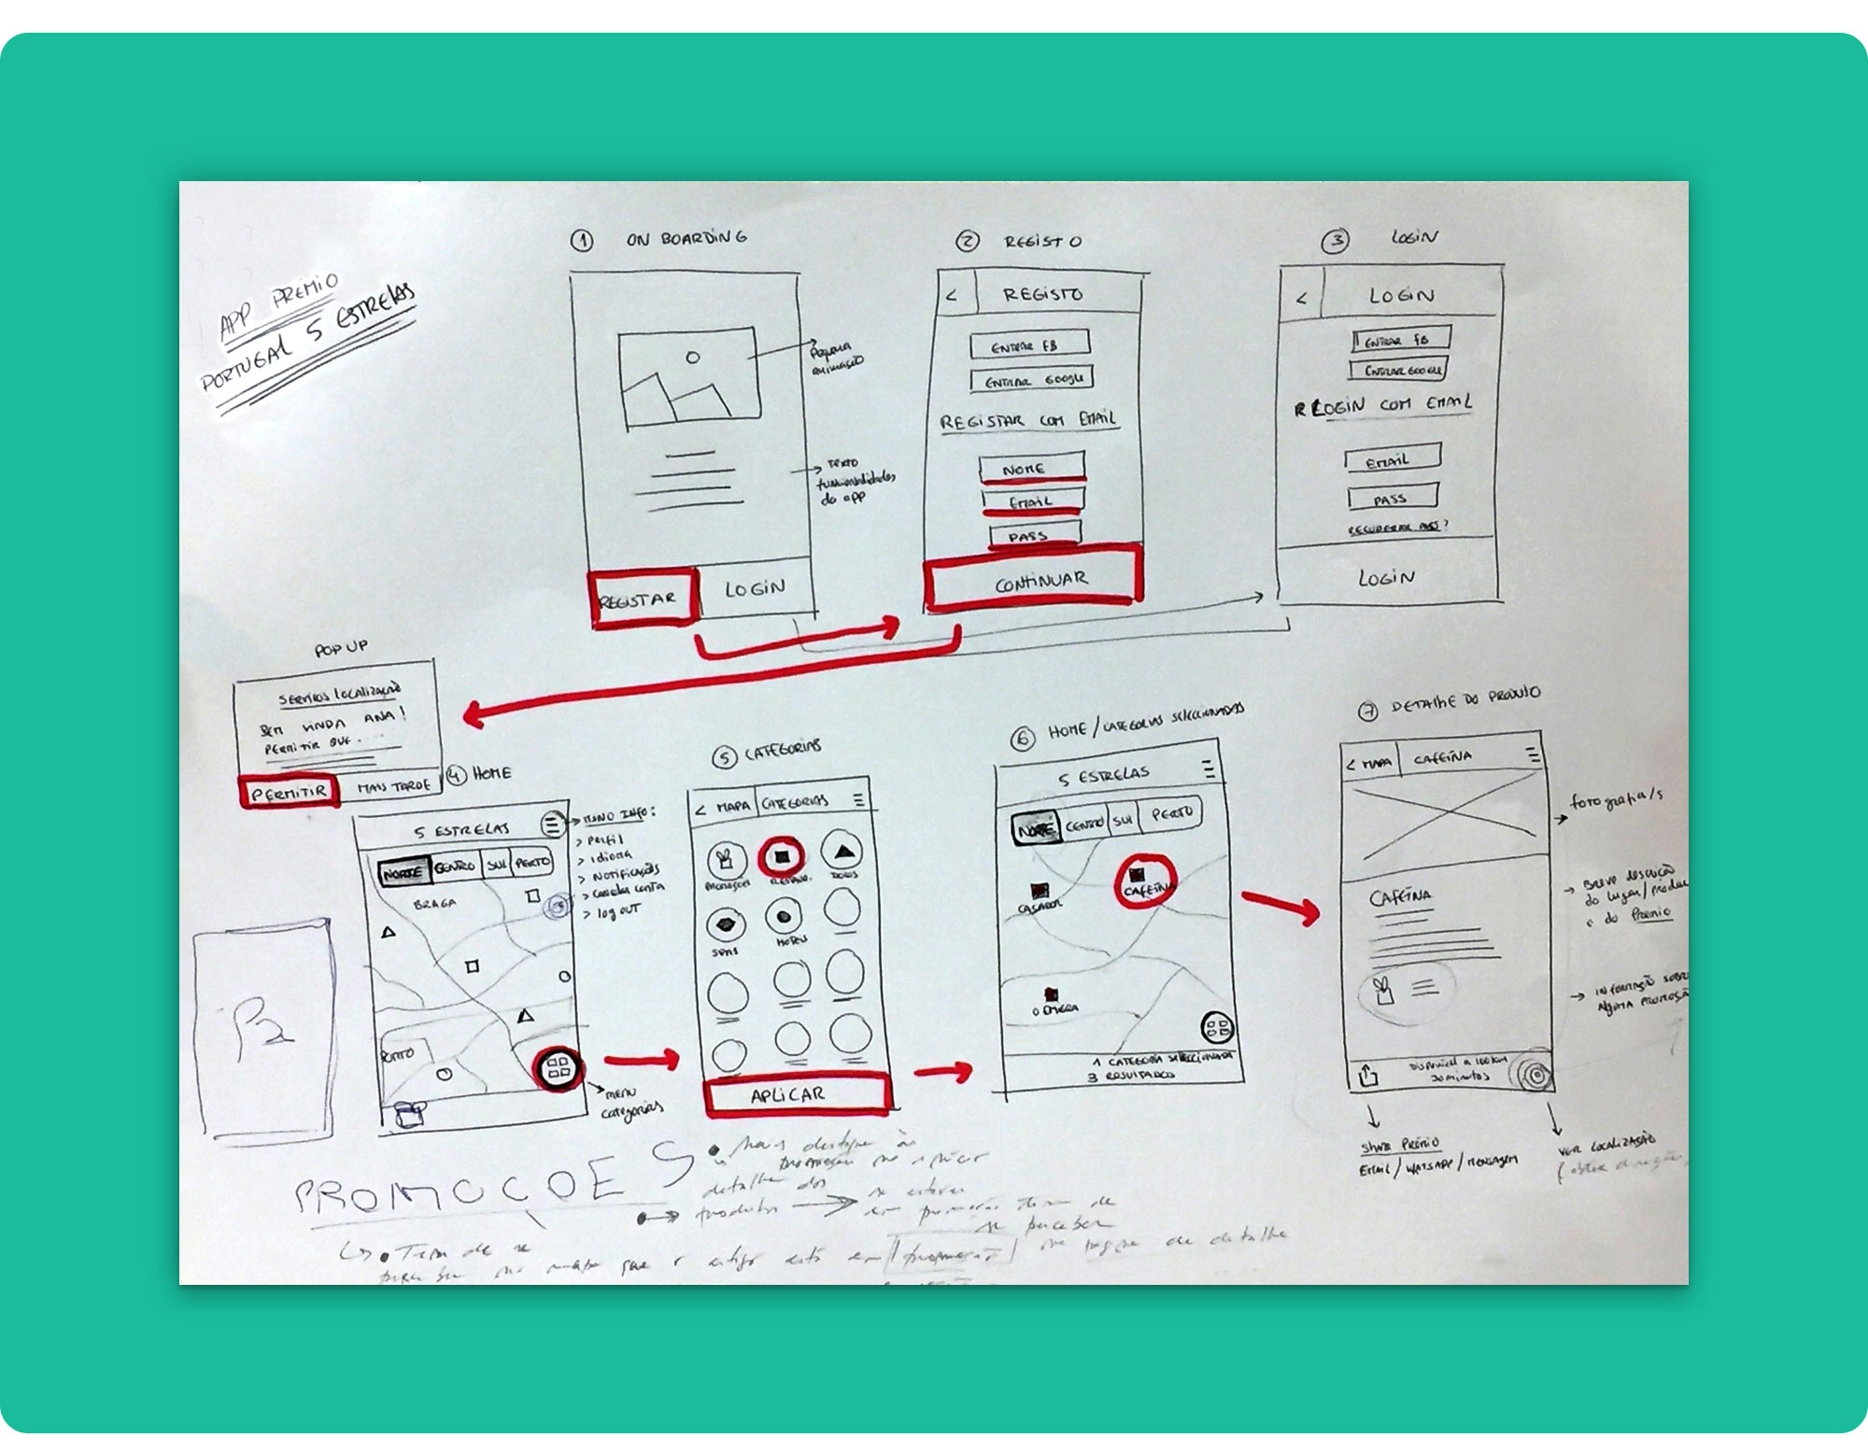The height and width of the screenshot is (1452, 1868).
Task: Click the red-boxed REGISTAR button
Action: (643, 598)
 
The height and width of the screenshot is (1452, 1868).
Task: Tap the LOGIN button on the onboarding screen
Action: (755, 588)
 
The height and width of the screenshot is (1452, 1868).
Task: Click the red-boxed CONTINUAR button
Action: (1034, 578)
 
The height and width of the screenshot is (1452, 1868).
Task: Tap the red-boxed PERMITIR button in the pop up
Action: (289, 792)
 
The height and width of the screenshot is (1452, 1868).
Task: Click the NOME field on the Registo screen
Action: (1031, 467)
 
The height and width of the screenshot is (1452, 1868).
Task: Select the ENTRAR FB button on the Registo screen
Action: (1029, 345)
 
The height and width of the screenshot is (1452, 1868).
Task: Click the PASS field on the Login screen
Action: (1392, 497)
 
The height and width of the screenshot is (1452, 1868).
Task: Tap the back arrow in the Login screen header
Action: (1301, 299)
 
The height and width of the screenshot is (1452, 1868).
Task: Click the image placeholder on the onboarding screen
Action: (688, 375)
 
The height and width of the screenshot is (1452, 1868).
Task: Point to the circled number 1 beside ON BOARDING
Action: (581, 240)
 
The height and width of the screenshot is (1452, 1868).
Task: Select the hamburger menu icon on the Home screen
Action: (552, 824)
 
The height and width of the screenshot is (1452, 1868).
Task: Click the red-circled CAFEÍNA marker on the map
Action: (1144, 881)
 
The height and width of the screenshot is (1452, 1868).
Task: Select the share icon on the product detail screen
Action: (1368, 1075)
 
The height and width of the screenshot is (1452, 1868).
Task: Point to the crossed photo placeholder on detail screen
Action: (1443, 822)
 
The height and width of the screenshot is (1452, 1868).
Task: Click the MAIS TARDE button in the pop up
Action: (393, 786)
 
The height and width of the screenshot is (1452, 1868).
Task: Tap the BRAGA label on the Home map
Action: (435, 904)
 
